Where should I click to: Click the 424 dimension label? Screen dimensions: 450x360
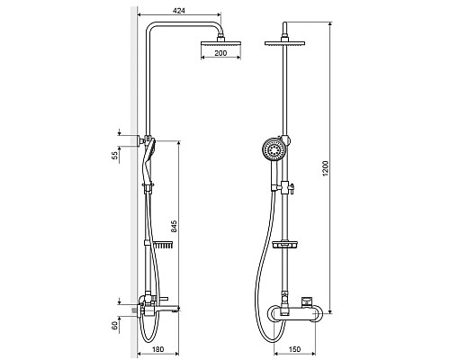(x=179, y=11)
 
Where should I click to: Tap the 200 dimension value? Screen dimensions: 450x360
(x=220, y=53)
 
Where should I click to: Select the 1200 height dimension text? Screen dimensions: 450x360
(x=326, y=168)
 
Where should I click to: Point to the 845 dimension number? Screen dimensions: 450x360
(x=175, y=227)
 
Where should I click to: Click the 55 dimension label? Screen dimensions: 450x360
(x=115, y=156)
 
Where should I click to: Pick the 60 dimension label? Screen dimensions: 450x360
(x=115, y=326)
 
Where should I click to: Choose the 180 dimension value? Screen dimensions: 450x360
(x=158, y=349)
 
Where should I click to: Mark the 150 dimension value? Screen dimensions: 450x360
(x=294, y=349)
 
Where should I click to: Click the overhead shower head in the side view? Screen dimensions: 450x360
(x=220, y=43)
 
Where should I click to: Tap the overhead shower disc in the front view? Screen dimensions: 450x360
(x=284, y=43)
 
